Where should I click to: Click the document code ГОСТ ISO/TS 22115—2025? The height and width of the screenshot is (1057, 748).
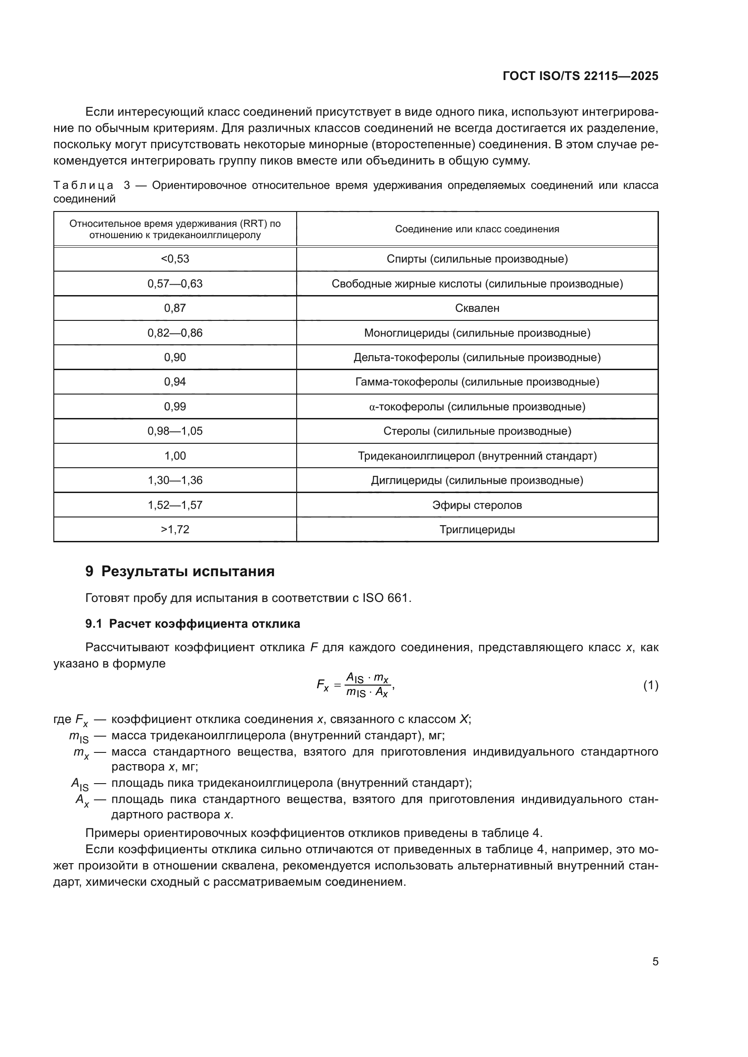[580, 76]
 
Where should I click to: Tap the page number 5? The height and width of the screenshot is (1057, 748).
[655, 961]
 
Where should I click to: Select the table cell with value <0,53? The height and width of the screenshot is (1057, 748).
[175, 259]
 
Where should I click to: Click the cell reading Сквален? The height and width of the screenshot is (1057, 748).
[477, 308]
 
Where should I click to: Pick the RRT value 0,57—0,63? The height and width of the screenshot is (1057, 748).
[175, 284]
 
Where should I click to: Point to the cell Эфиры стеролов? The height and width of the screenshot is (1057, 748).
[477, 505]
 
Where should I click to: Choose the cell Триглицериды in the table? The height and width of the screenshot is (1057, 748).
[477, 530]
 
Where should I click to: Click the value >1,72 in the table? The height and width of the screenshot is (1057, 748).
[175, 530]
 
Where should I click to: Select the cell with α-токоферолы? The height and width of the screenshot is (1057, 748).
[477, 407]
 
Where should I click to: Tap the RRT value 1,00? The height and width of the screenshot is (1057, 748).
[175, 456]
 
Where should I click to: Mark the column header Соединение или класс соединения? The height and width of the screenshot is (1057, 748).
[477, 229]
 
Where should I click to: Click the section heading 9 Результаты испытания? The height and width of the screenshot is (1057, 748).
[180, 571]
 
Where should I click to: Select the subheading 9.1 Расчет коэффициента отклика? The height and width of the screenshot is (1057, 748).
[193, 624]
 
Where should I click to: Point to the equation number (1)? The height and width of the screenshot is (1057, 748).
[650, 686]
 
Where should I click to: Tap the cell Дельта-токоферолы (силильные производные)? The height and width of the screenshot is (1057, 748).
[477, 357]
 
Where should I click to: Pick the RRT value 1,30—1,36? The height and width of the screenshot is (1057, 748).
[175, 480]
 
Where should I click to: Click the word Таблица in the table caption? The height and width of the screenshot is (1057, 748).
[83, 186]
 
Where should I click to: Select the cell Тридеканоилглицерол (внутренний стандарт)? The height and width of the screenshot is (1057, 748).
[477, 456]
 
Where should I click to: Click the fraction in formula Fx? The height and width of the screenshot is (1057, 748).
[368, 685]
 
